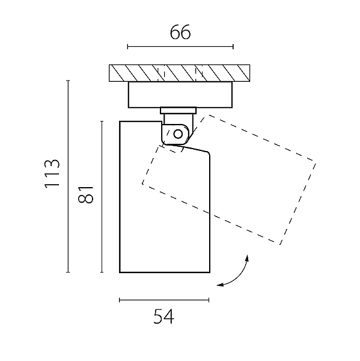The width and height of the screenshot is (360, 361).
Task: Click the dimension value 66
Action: pyautogui.click(x=180, y=32)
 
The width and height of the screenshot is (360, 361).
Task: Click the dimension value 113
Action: pyautogui.click(x=52, y=174)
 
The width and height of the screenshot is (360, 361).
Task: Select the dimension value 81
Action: pyautogui.click(x=86, y=195)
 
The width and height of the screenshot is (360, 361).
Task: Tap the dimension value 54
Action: pyautogui.click(x=163, y=316)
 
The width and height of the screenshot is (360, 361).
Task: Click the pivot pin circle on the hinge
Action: pyautogui.click(x=178, y=134)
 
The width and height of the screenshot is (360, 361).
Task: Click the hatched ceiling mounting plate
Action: pyautogui.click(x=180, y=73)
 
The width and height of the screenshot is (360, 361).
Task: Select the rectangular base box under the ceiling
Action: pyautogui.click(x=180, y=94)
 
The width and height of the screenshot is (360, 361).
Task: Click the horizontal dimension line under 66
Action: pyautogui.click(x=180, y=47)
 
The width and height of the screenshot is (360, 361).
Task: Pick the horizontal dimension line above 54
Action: pyautogui.click(x=164, y=300)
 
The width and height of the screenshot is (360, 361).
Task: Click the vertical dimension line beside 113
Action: pyautogui.click(x=68, y=176)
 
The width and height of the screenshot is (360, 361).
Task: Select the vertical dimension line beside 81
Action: pyautogui.click(x=102, y=197)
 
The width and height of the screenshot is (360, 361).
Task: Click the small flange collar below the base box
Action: pyautogui.click(x=178, y=111)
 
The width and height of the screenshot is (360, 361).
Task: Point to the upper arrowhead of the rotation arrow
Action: pyautogui.click(x=247, y=258)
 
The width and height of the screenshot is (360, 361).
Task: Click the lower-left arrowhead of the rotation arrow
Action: pyautogui.click(x=221, y=285)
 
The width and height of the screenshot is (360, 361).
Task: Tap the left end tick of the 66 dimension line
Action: pyautogui.click(x=127, y=47)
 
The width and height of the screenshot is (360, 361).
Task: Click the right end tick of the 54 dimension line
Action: pyautogui.click(x=209, y=300)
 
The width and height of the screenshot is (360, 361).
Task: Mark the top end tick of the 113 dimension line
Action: pyautogui.click(x=68, y=81)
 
